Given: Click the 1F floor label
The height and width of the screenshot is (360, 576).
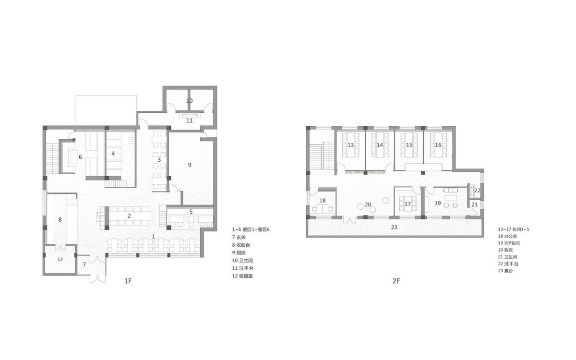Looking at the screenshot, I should coord(128,282).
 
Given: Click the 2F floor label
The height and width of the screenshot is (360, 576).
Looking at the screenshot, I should coord(396,282).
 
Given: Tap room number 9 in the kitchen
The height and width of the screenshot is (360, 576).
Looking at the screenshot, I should coord(190,165).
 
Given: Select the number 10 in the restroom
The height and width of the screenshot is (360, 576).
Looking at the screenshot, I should coord(189,101).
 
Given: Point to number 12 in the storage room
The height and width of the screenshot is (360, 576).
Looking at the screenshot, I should coord(60,259).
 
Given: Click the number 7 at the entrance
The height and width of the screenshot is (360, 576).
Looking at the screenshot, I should coord(84,264).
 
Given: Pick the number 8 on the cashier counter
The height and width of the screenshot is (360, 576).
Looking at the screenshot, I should coord(60,219).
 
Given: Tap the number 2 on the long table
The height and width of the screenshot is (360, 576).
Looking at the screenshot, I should coord(129,216).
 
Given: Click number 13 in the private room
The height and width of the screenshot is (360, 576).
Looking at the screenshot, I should coord(350,144).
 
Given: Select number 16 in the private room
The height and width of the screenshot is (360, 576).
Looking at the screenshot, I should coord(438,144).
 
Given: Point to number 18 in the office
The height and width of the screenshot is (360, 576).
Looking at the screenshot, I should coord(323,200).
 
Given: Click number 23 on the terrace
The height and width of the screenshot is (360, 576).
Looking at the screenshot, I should coord(394,227).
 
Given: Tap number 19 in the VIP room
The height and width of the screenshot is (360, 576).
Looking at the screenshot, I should coord(438,203).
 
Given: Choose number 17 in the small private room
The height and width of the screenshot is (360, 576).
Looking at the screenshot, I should coord(408,204).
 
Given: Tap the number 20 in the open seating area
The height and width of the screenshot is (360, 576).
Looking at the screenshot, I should coord(368,204).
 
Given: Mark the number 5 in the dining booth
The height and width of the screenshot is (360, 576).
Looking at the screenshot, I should coord(191,211).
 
